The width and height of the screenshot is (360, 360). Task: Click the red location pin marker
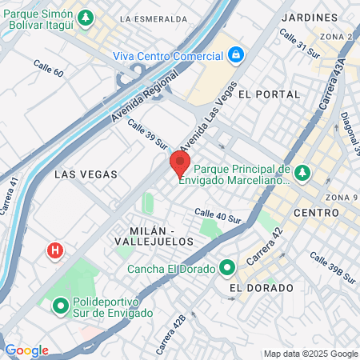(x=179, y=162)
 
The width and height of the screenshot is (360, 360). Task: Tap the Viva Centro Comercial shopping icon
(x=236, y=55)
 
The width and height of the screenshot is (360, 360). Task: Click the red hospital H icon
(x=54, y=251)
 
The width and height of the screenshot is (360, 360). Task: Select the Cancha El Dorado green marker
(x=226, y=267)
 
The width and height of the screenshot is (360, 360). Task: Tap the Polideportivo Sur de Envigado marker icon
(x=60, y=306)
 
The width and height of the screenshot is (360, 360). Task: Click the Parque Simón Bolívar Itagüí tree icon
(x=86, y=17)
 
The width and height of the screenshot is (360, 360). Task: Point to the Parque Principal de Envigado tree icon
(x=302, y=172)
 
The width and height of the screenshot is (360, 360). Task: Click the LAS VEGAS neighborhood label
(x=86, y=174)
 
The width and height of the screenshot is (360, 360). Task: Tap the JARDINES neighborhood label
(x=310, y=17)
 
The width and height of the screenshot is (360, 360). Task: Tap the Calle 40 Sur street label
(x=218, y=214)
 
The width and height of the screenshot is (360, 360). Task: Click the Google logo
(x=26, y=350)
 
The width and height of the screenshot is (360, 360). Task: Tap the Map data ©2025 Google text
(x=311, y=354)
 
